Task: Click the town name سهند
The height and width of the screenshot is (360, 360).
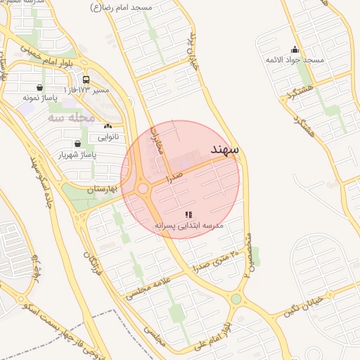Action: [226, 150]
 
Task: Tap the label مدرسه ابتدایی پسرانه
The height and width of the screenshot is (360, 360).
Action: [188, 225]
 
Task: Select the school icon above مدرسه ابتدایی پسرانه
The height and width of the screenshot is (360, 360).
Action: [188, 214]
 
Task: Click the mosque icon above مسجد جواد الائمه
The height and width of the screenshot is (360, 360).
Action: [295, 50]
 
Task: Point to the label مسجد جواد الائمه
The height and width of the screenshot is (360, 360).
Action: [295, 60]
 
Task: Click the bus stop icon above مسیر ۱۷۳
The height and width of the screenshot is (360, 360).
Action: [86, 79]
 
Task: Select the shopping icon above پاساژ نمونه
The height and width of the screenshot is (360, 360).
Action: [39, 88]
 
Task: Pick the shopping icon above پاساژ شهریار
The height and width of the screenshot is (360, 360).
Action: [76, 143]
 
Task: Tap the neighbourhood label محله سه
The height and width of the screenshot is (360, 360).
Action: [71, 117]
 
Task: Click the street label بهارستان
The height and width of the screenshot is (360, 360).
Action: [101, 189]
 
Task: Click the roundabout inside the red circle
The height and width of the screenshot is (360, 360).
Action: [143, 188]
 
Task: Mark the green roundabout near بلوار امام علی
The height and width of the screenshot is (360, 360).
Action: [236, 300]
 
